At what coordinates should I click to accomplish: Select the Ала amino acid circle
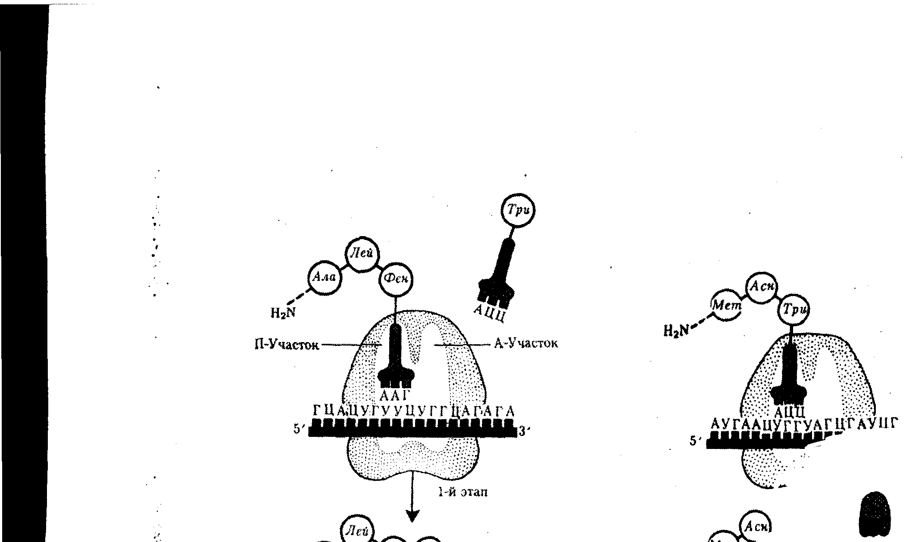click(325, 278)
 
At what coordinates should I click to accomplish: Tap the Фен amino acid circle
click(396, 280)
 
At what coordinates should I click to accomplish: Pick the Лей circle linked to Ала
click(363, 255)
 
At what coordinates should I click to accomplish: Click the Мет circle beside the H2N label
click(726, 306)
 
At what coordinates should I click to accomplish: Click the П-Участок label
click(287, 345)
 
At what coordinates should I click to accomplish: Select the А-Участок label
click(526, 343)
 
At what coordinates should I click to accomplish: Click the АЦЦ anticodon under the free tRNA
click(489, 313)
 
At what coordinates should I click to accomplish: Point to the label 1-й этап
click(462, 492)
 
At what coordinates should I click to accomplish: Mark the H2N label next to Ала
click(283, 312)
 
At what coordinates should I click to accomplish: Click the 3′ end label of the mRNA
click(523, 431)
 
